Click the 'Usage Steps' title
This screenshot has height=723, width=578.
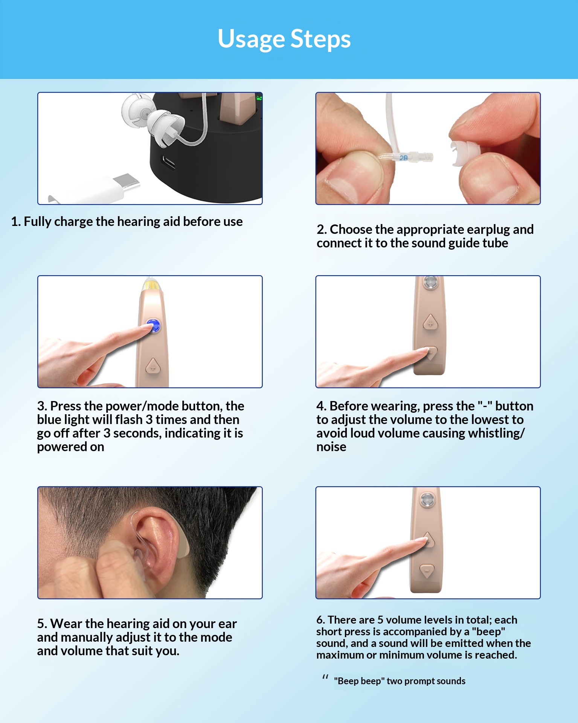click(x=284, y=39)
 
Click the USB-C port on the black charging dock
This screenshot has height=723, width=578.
click(x=168, y=163)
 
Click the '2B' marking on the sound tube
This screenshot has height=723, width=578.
click(x=403, y=158)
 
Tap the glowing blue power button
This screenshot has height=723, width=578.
click(x=153, y=326)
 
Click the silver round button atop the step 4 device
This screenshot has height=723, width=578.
click(x=430, y=282)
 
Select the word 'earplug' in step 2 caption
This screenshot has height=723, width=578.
click(x=488, y=229)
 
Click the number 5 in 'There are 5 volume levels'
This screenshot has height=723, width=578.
click(x=380, y=620)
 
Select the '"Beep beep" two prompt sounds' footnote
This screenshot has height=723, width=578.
click(x=400, y=681)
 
